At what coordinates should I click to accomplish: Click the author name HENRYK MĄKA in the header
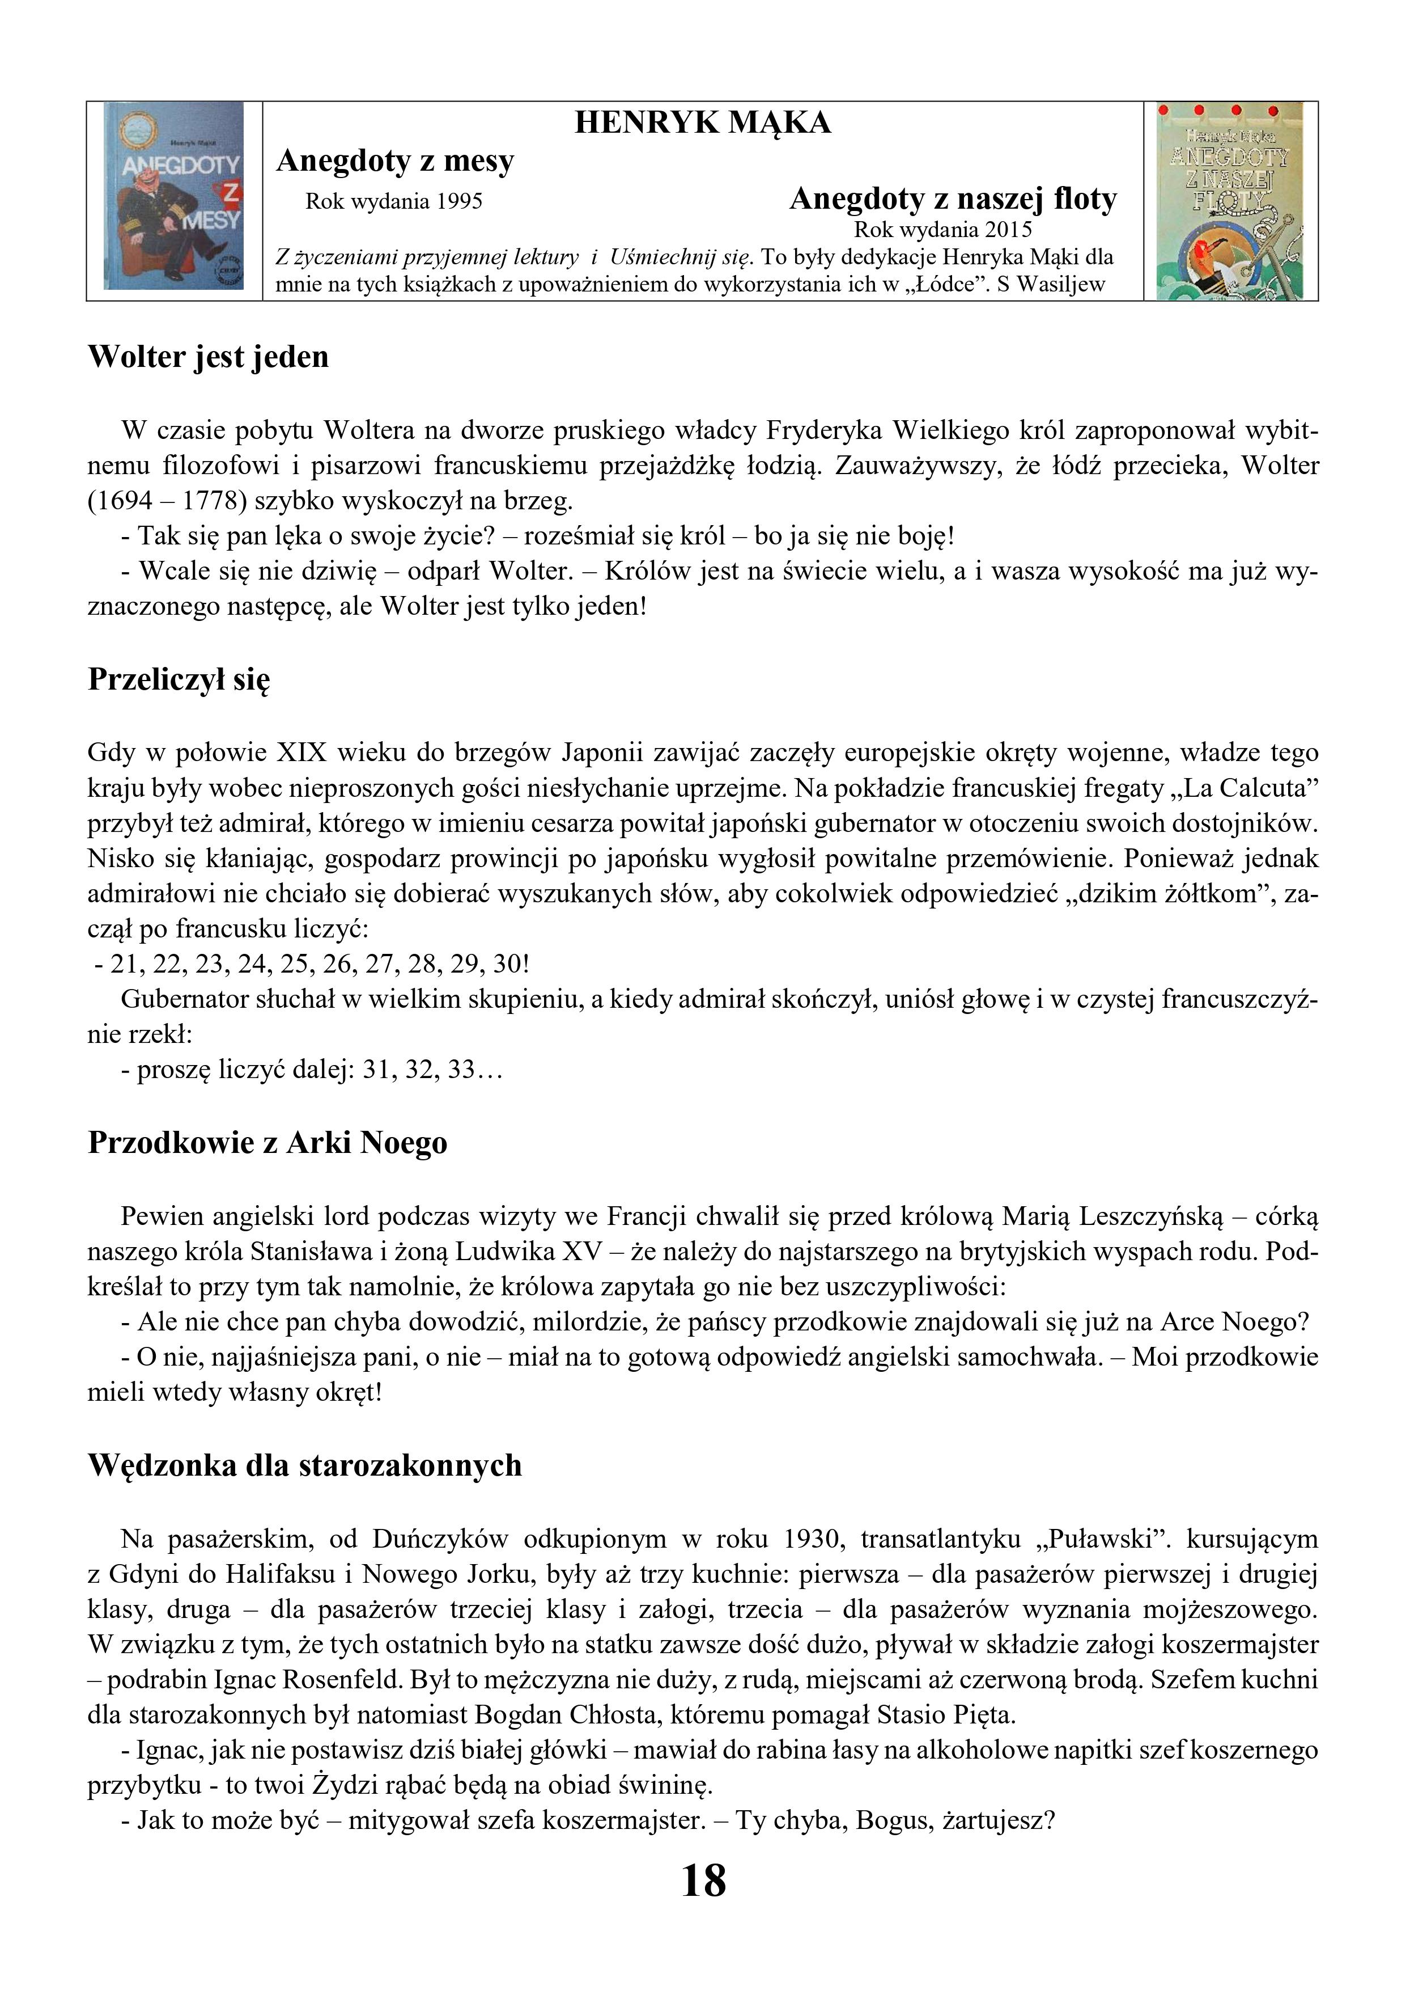pyautogui.click(x=703, y=123)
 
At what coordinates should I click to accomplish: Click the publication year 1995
pyautogui.click(x=459, y=202)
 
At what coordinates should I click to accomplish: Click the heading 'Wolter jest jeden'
pyautogui.click(x=209, y=357)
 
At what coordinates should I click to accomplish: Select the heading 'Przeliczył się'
pyautogui.click(x=179, y=679)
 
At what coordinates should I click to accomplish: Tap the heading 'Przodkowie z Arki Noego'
pyautogui.click(x=267, y=1143)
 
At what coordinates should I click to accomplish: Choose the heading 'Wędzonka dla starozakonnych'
pyautogui.click(x=305, y=1465)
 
